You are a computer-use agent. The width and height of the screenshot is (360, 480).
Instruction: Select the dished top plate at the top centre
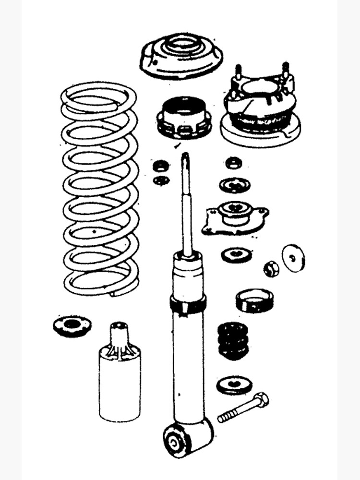181,57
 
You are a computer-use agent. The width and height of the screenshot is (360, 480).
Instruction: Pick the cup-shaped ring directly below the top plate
184,118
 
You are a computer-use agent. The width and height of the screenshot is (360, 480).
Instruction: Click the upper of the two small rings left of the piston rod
160,166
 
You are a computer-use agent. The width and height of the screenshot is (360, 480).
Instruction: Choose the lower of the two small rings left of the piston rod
160,180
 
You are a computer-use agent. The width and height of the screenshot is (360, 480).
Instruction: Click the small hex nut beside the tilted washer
271,268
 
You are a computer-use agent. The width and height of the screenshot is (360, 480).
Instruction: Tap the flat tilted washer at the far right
293,258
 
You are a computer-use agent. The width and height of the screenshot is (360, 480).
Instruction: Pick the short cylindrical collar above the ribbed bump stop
254,300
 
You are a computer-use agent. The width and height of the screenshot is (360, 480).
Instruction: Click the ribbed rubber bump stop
233,340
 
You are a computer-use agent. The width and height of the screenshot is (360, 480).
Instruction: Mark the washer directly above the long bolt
234,385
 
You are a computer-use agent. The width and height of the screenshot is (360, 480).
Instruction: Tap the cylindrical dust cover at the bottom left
120,379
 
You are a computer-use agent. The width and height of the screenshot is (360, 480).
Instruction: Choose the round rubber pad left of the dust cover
72,325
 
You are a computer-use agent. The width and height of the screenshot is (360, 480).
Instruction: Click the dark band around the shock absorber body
188,304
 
